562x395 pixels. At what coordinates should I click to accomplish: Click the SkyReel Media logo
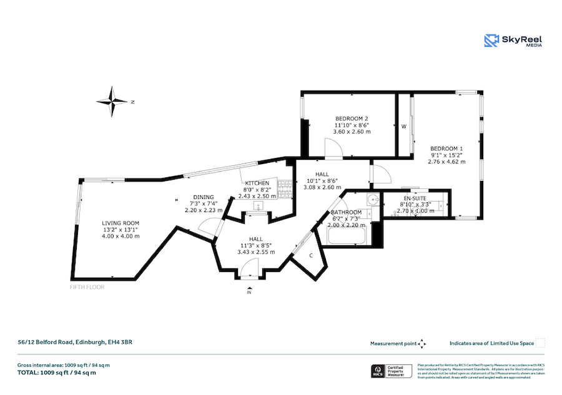tap(513, 41)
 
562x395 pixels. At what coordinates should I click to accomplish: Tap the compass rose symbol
tap(112, 101)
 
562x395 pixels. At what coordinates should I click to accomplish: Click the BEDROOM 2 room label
tap(352, 119)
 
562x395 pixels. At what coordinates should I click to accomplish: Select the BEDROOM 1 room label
tap(446, 148)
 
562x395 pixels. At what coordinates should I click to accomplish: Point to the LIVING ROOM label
tap(121, 223)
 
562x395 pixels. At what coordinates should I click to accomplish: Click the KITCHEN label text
tap(257, 183)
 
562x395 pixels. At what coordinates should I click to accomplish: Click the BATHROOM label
tap(346, 213)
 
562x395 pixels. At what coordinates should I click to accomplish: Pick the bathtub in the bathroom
tap(343, 236)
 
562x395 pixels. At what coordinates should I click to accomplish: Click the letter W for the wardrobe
tap(404, 127)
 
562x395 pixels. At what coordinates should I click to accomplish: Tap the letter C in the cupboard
tap(311, 255)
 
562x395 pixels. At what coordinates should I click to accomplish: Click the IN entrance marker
tap(249, 292)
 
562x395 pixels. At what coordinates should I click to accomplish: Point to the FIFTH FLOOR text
tap(87, 288)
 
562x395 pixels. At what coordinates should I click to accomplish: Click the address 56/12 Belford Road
tap(74, 342)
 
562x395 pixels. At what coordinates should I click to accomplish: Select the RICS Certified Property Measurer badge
tap(390, 372)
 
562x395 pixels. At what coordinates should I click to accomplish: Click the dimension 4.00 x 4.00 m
tap(121, 236)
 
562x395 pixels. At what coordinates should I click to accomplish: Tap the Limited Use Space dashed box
tap(540, 343)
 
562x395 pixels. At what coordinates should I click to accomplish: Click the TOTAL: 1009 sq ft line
tap(56, 373)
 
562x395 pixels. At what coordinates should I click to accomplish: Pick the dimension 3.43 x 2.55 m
tap(256, 252)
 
